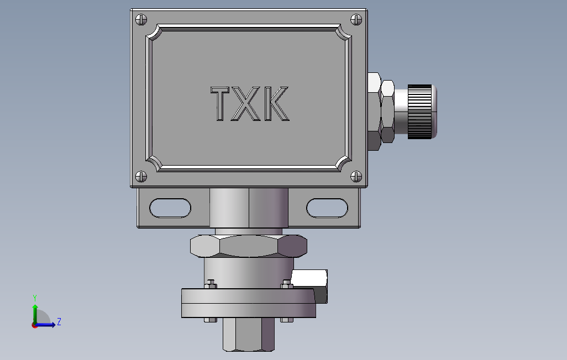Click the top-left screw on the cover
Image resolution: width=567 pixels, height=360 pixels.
click(x=141, y=19)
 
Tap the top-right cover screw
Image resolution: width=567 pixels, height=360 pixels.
click(x=356, y=19)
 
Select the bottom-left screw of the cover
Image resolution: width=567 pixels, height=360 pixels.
click(x=141, y=177)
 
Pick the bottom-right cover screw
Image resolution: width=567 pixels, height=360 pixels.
click(x=356, y=177)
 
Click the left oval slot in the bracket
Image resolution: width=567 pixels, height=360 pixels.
click(x=170, y=208)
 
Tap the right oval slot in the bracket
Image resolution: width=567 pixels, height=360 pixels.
click(x=327, y=208)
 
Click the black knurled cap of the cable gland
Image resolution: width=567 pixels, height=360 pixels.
click(x=420, y=112)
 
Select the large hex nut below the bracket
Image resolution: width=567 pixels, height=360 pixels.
click(x=248, y=246)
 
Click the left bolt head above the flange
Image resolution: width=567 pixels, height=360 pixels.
click(x=210, y=285)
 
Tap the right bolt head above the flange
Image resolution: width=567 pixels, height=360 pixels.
click(x=286, y=285)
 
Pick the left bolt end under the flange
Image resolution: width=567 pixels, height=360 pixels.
click(x=210, y=320)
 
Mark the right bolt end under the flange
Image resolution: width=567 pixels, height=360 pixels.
click(x=286, y=320)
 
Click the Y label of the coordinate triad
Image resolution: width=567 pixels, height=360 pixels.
click(x=35, y=297)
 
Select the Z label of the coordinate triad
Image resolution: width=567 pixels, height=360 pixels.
click(x=59, y=322)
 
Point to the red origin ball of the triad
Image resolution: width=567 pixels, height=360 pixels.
click(x=34, y=325)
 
